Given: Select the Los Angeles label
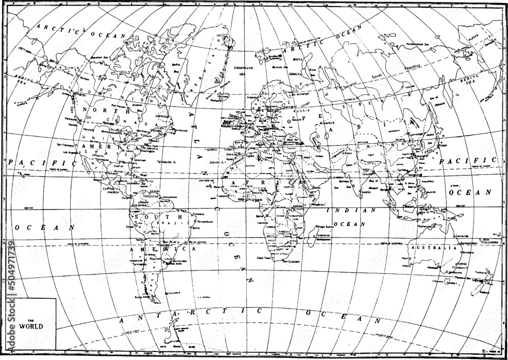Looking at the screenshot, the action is point(70,153).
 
